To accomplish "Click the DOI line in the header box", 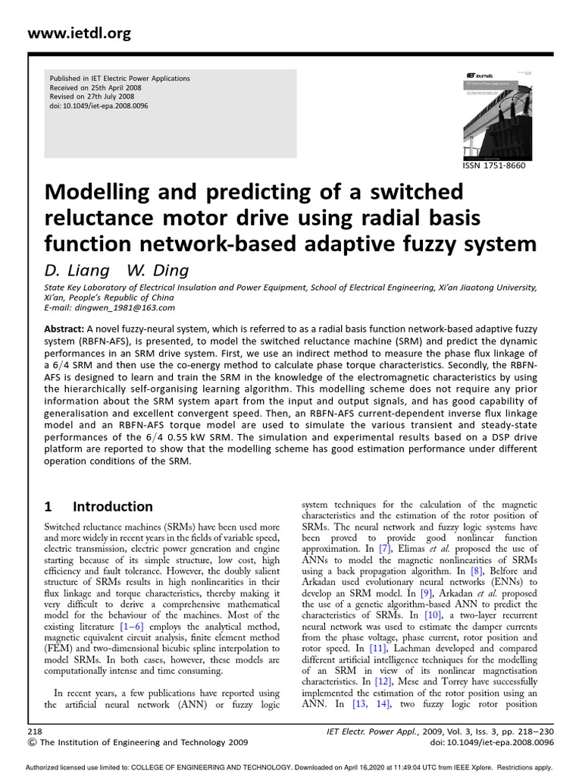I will coord(99,106).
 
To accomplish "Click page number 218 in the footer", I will coord(35,729).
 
